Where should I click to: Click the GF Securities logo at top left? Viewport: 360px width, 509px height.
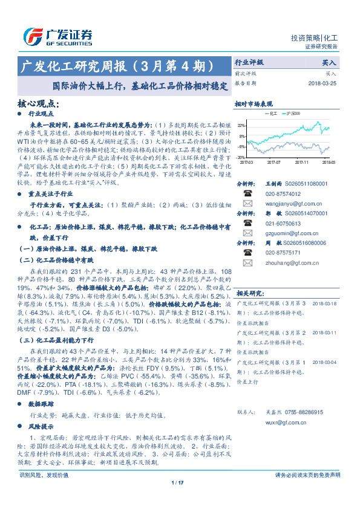58,36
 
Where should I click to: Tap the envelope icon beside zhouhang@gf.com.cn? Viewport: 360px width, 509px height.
247,263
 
